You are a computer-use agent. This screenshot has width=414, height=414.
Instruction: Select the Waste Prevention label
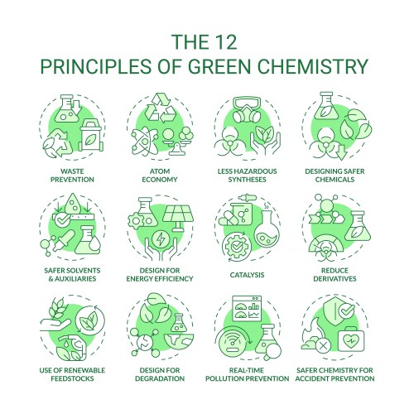click(x=72, y=176)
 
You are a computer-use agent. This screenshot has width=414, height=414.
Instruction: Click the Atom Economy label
click(x=160, y=176)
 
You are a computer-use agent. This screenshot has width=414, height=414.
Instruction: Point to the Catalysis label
click(x=247, y=275)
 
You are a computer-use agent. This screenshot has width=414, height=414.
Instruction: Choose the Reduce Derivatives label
click(x=335, y=275)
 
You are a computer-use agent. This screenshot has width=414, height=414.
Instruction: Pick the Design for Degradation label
click(x=160, y=374)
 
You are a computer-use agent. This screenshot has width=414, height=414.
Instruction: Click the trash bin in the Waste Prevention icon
click(x=90, y=135)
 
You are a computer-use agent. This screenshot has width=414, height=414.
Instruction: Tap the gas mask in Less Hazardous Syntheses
click(x=248, y=109)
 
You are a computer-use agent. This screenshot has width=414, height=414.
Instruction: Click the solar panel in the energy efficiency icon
click(x=178, y=219)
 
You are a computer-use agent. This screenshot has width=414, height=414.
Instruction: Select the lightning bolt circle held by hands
click(x=160, y=239)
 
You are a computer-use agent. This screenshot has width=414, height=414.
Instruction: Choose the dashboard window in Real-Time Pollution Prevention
click(x=247, y=309)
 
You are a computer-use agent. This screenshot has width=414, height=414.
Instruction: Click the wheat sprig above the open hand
click(x=57, y=308)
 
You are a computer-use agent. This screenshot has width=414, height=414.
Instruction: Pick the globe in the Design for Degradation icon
click(x=179, y=342)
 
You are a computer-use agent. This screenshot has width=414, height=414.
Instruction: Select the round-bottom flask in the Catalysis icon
click(x=267, y=229)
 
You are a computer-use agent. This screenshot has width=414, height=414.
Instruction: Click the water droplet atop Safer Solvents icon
click(x=74, y=204)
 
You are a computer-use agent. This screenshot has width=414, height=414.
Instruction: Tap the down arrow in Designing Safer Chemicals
click(x=342, y=152)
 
